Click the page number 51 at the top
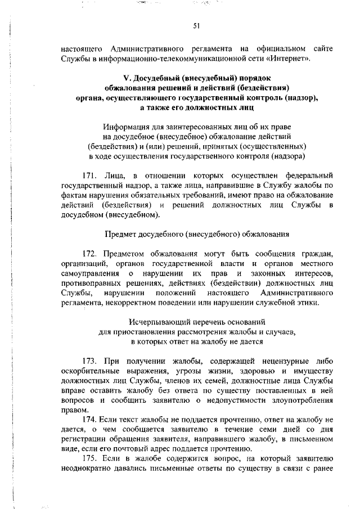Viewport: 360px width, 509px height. (197, 25)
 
